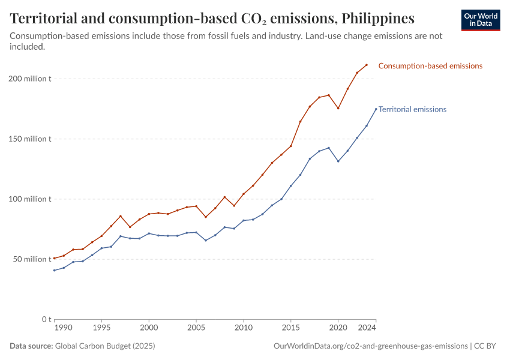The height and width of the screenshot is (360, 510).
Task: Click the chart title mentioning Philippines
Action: [212, 18]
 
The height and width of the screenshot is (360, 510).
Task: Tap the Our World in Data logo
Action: [480, 20]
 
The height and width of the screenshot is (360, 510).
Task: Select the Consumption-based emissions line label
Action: [430, 66]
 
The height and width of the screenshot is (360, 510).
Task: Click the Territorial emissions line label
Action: [412, 109]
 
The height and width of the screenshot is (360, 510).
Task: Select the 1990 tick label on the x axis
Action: [63, 329]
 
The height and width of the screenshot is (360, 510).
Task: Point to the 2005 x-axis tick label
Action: [196, 329]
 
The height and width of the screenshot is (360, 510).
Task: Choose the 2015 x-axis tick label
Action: [290, 329]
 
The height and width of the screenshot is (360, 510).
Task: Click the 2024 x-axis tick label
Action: [367, 329]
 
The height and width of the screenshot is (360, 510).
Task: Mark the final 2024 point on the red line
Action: [367, 65]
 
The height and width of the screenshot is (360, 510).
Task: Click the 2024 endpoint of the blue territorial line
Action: [376, 109]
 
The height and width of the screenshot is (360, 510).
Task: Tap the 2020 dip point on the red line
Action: [338, 108]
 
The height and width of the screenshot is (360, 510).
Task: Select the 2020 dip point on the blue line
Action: [338, 161]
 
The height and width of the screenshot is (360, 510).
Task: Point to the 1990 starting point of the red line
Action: [54, 259]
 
